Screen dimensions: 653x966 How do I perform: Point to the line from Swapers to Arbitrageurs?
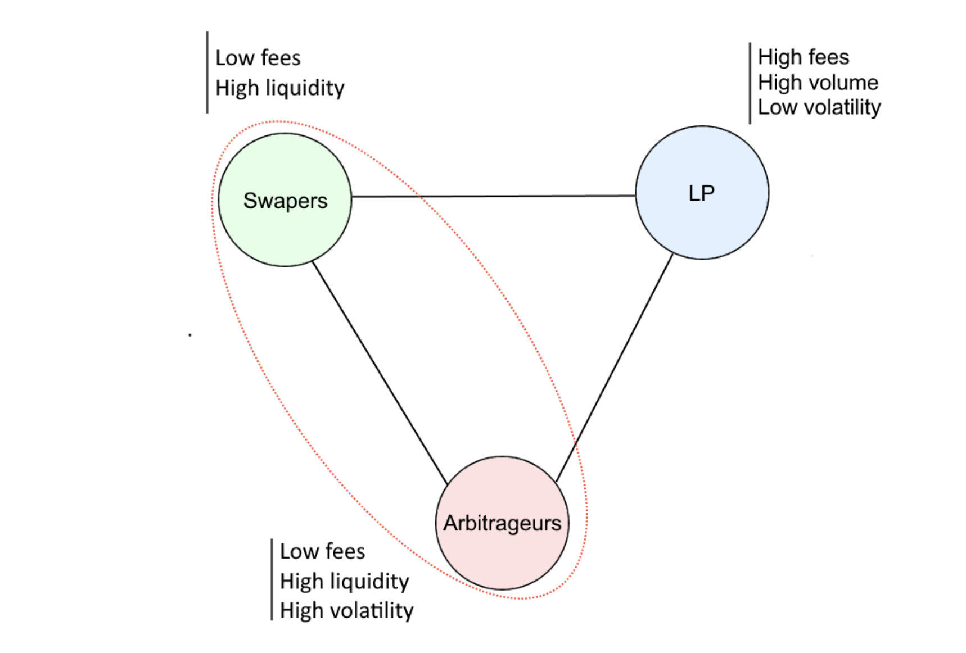click(380, 373)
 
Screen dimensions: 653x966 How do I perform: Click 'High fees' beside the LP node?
click(804, 57)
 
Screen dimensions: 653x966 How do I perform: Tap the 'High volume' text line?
click(818, 83)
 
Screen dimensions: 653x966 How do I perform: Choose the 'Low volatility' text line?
click(819, 107)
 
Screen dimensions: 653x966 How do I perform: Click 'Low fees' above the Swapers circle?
click(258, 58)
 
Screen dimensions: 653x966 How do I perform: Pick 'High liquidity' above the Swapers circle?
click(280, 88)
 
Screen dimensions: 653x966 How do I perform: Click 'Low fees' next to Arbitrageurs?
click(323, 551)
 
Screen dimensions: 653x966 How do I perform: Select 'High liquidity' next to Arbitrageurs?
click(345, 581)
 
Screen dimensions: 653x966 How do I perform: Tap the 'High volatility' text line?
click(347, 610)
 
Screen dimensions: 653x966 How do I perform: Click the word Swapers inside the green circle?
click(285, 201)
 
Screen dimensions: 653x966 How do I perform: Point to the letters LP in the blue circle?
click(702, 193)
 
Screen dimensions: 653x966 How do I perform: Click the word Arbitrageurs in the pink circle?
click(502, 523)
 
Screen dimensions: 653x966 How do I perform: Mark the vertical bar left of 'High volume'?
click(750, 83)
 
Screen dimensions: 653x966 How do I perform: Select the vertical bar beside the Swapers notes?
click(207, 72)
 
